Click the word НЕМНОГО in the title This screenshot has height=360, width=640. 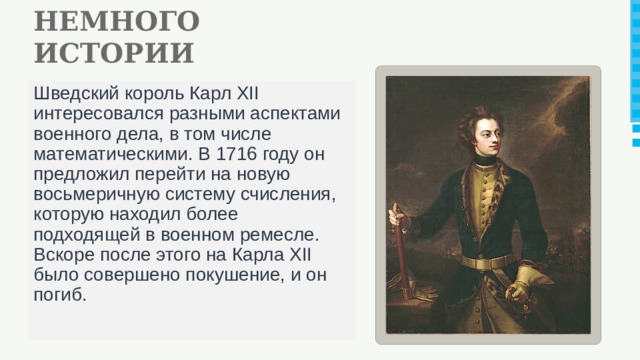point(115,20)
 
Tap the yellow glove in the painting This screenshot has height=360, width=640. point(516,291)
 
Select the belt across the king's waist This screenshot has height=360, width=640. point(487,262)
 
